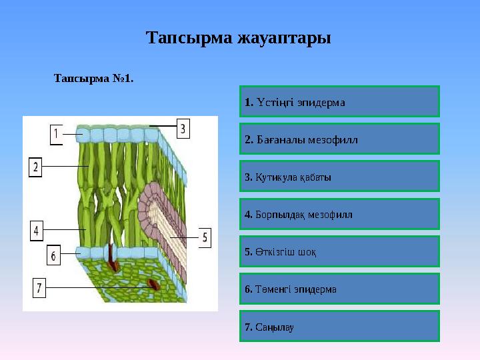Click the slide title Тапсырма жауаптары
tap(238, 38)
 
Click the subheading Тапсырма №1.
tap(93, 79)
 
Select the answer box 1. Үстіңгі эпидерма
tap(339, 102)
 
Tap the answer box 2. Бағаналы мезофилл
tap(339, 139)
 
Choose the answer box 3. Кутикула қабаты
tap(339, 177)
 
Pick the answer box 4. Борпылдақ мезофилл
tap(339, 214)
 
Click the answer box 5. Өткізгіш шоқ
tap(339, 251)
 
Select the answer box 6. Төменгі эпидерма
tap(339, 289)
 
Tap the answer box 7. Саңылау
tap(339, 326)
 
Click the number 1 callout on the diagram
tap(57, 134)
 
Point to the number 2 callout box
tap(36, 166)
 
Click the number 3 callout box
tap(183, 127)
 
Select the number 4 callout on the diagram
tap(37, 231)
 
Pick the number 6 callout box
tap(54, 255)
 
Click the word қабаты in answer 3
tap(315, 177)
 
